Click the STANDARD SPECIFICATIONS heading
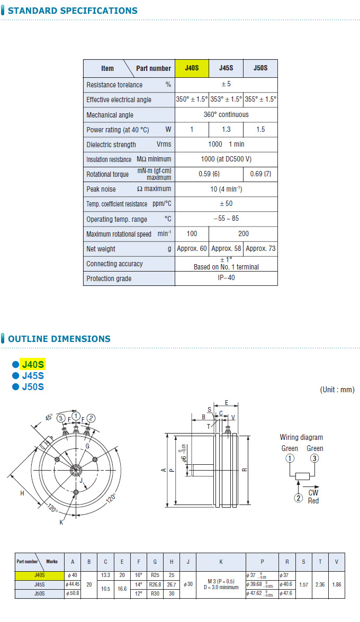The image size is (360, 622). pyautogui.click(x=73, y=11)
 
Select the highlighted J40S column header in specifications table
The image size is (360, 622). pyautogui.click(x=192, y=68)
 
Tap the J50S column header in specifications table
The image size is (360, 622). pyautogui.click(x=260, y=68)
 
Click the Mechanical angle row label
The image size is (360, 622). pyautogui.click(x=110, y=115)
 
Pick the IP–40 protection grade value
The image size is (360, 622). pyautogui.click(x=226, y=278)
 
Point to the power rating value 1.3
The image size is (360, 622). pyautogui.click(x=226, y=130)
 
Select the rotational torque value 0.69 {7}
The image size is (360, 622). pyautogui.click(x=260, y=174)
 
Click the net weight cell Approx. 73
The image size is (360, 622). pyautogui.click(x=260, y=248)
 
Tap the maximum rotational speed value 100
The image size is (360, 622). pyautogui.click(x=192, y=233)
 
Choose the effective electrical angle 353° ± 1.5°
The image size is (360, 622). pyautogui.click(x=226, y=100)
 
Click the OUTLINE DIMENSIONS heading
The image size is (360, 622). pyautogui.click(x=59, y=339)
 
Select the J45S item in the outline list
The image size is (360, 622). pyautogui.click(x=33, y=375)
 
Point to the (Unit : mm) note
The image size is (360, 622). pyautogui.click(x=337, y=390)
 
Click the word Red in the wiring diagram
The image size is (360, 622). pyautogui.click(x=313, y=500)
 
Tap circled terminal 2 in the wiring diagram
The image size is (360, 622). pyautogui.click(x=299, y=498)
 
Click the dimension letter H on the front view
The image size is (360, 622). pyautogui.click(x=22, y=493)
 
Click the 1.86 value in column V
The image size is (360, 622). pyautogui.click(x=336, y=584)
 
